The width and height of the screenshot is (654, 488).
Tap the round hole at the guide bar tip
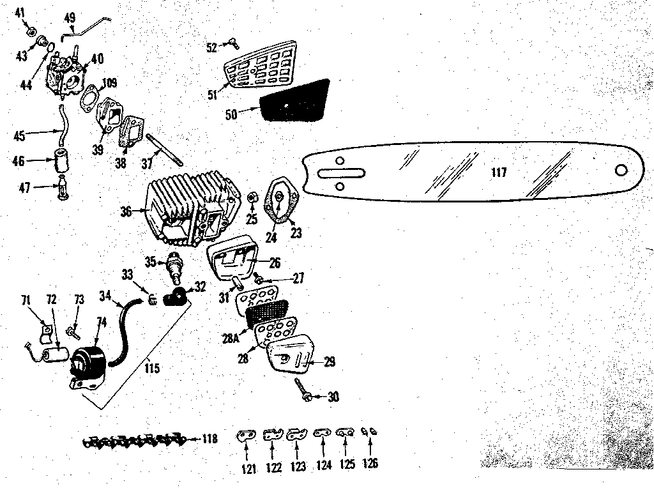621,170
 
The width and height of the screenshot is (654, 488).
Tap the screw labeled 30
303,390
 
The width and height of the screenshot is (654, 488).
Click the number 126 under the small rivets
369,463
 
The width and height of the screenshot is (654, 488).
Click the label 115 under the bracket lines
151,369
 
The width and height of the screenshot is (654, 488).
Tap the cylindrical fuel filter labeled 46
63,160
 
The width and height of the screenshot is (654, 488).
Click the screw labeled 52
231,43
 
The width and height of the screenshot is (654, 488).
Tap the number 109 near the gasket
110,82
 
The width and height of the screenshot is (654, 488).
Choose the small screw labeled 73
72,331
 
